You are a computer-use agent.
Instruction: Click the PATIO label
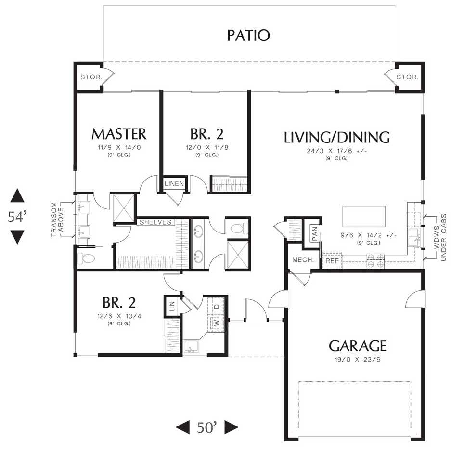[x=248, y=36]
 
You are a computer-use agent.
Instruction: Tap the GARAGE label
[x=357, y=346]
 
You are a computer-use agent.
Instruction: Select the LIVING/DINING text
[x=336, y=137]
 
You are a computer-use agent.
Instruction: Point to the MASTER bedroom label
[x=119, y=134]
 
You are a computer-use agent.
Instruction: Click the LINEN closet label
[x=174, y=183]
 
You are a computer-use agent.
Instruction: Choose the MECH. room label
[x=303, y=260]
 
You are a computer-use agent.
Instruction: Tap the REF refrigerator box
[x=332, y=261]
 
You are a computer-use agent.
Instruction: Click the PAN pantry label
[x=315, y=234]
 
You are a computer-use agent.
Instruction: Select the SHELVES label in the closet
[x=155, y=222]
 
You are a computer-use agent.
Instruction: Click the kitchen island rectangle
[x=364, y=216]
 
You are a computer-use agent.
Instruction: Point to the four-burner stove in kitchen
[x=375, y=261]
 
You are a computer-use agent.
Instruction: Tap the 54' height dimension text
[x=17, y=217]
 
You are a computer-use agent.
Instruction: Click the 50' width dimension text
[x=207, y=427]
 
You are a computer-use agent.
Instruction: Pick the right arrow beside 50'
[x=232, y=427]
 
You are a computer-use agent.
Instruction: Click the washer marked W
[x=217, y=323]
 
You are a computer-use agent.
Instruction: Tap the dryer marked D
[x=217, y=307]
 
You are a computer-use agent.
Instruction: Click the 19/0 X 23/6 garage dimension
[x=357, y=360]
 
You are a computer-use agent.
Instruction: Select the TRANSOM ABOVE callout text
[x=57, y=220]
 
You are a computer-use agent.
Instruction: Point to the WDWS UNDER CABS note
[x=440, y=237]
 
